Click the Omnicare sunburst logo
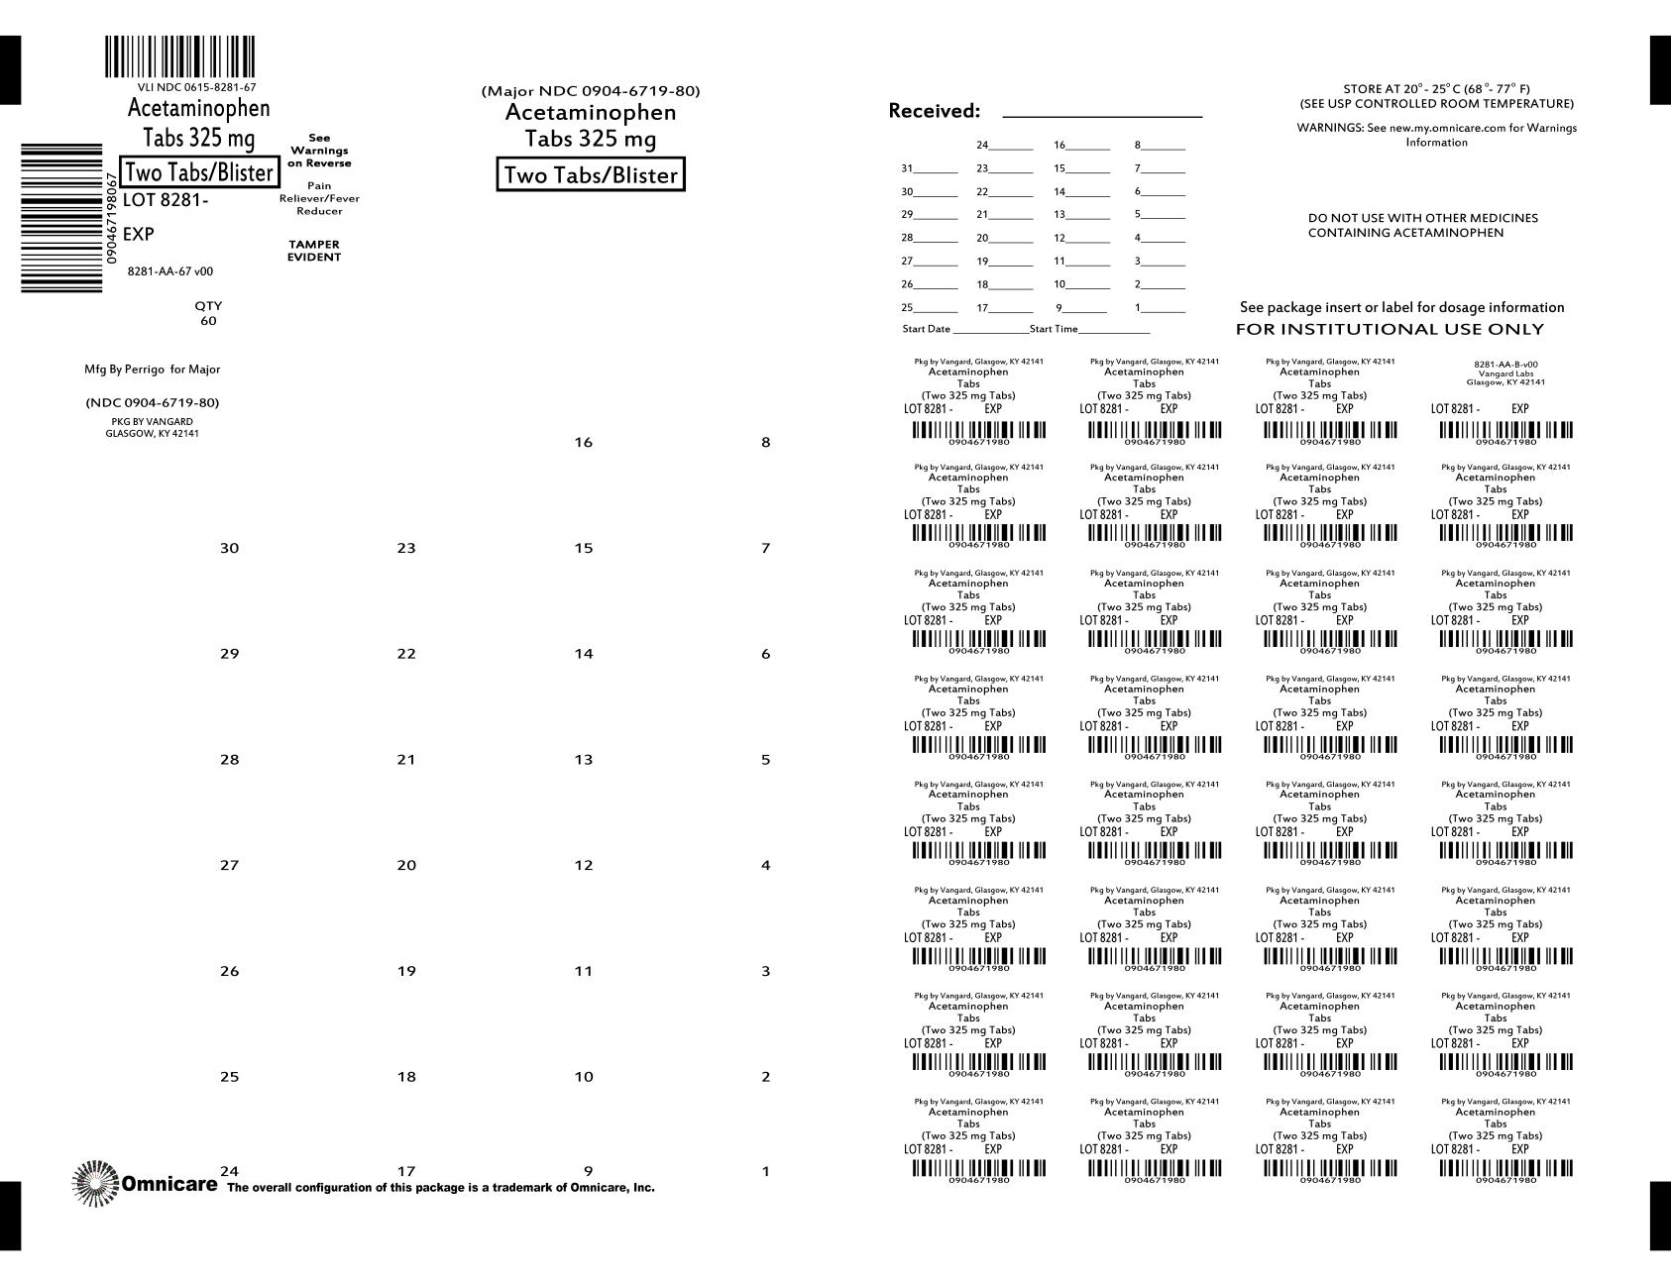tap(95, 1183)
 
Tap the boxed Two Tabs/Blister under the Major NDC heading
tap(590, 175)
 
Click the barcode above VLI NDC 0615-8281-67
tap(179, 56)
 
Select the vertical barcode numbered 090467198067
tap(61, 217)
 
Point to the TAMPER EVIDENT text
tap(314, 251)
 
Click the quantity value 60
tap(208, 321)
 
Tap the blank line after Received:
tap(1102, 114)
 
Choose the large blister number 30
tap(229, 548)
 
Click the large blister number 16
tap(583, 443)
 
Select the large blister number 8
tap(765, 443)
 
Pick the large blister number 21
tap(406, 760)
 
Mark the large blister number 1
tap(765, 1172)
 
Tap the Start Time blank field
tap(1114, 330)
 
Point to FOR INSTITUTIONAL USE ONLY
tap(1389, 329)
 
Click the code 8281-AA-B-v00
tap(1505, 365)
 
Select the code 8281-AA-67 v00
tap(170, 271)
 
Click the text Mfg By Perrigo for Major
tap(153, 370)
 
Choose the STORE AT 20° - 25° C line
tap(1436, 89)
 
